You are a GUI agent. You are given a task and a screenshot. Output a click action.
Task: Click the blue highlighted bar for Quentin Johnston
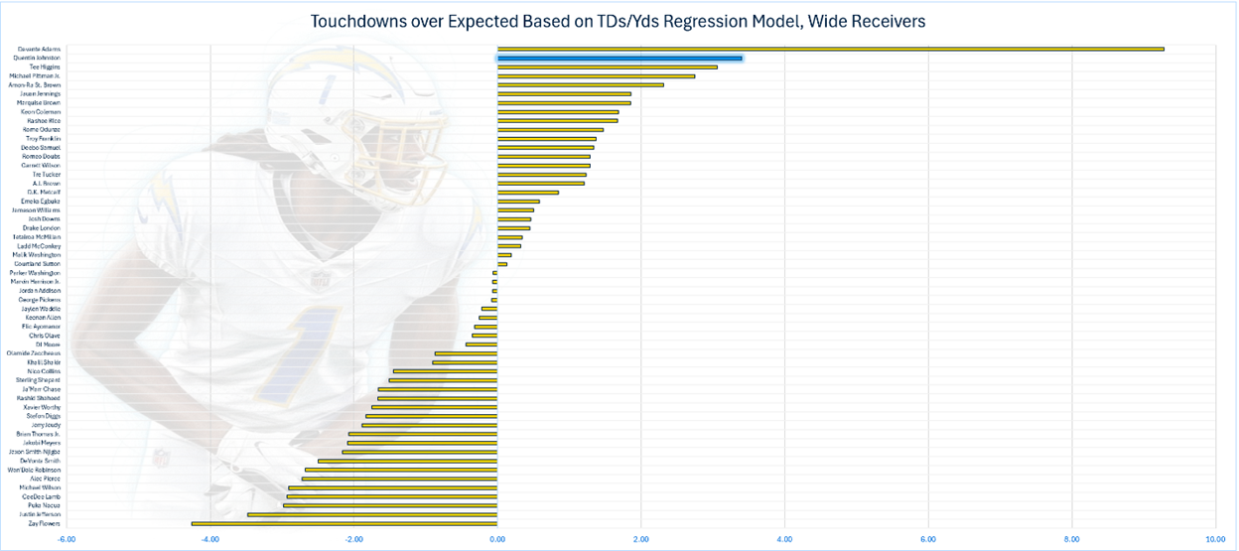619,59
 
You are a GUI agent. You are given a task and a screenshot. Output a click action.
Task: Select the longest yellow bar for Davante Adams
830,49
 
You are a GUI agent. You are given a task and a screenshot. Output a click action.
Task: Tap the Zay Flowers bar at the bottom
344,523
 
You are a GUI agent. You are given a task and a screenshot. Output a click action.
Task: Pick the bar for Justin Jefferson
372,514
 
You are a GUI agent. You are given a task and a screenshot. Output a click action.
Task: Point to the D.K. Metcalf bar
527,193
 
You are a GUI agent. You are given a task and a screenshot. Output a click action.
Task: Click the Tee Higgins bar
607,68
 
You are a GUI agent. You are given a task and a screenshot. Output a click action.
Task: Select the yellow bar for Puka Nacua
390,505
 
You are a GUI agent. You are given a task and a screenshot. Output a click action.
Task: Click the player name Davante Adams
40,49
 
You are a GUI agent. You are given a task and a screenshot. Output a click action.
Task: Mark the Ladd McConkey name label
40,246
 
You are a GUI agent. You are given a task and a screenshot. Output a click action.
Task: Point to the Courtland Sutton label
39,264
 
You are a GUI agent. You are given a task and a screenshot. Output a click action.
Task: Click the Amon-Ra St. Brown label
35,85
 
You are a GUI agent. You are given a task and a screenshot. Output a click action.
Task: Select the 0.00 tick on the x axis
497,540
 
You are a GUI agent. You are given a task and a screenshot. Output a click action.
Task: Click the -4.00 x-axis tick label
209,540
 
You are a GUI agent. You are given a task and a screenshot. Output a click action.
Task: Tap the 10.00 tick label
1214,540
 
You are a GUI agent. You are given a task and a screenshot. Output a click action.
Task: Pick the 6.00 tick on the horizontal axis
928,540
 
